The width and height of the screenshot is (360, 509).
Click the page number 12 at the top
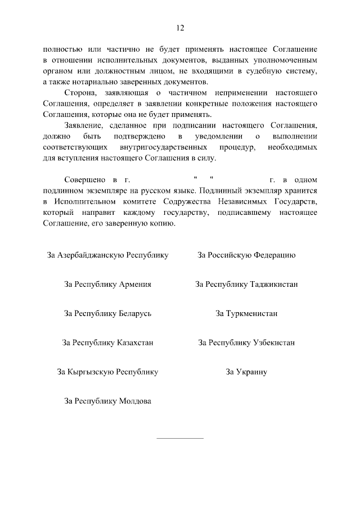pyautogui.click(x=180, y=28)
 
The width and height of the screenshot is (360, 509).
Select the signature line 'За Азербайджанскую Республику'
pyautogui.click(x=107, y=255)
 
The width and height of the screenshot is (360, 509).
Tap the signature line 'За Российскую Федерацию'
pyautogui.click(x=246, y=255)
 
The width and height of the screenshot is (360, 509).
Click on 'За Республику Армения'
pyautogui.click(x=107, y=285)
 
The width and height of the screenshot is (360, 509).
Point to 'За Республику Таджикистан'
pyautogui.click(x=246, y=285)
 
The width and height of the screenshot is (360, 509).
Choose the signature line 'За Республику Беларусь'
pyautogui.click(x=107, y=313)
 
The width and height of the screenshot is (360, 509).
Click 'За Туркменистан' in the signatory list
pyautogui.click(x=246, y=313)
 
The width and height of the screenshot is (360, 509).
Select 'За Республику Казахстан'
pyautogui.click(x=107, y=343)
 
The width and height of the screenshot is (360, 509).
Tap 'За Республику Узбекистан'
pyautogui.click(x=246, y=343)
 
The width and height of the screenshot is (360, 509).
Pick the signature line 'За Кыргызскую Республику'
pyautogui.click(x=107, y=372)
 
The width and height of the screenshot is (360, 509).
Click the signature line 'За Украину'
pyautogui.click(x=246, y=372)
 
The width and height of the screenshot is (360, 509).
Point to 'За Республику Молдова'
pyautogui.click(x=107, y=401)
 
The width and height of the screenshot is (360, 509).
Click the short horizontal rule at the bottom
pyautogui.click(x=179, y=438)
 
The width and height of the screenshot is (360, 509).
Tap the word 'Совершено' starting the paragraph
pyautogui.click(x=84, y=180)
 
